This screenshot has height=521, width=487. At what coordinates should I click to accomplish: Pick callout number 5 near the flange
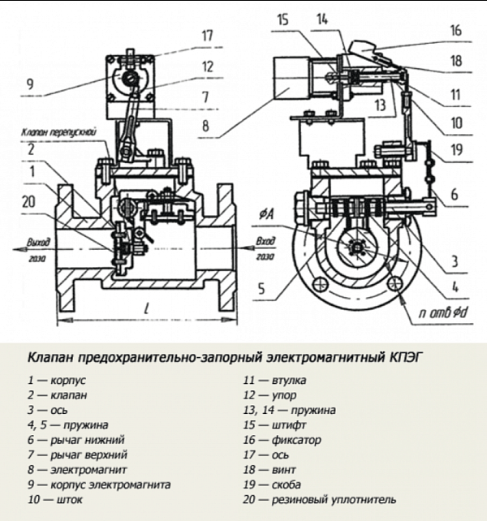[261, 286]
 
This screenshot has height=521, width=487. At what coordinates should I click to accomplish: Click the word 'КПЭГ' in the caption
[405, 356]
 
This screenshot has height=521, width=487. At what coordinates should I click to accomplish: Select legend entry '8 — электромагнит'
[76, 469]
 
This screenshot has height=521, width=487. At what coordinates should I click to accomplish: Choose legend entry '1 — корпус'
[56, 379]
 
